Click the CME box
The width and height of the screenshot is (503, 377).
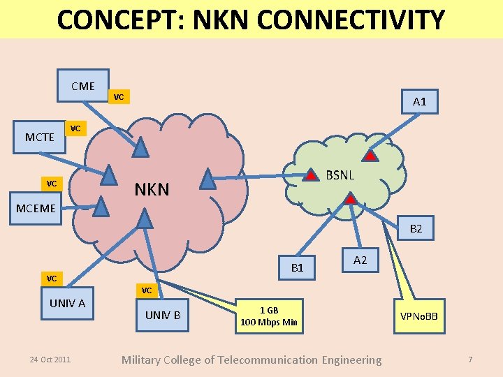(83, 87)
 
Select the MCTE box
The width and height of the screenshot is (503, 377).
(40, 137)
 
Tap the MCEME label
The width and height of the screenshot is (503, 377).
(36, 209)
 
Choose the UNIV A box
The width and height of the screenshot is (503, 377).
(67, 303)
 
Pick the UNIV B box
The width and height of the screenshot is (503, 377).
(163, 315)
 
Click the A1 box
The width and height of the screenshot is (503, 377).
(419, 102)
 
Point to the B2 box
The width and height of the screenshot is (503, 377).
(416, 228)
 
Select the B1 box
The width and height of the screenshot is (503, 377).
(297, 267)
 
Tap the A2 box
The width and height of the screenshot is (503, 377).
(360, 260)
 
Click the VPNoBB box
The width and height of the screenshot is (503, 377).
(419, 316)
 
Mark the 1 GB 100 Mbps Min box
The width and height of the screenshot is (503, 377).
(269, 316)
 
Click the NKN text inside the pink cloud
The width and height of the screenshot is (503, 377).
(152, 188)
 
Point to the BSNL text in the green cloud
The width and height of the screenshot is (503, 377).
(340, 175)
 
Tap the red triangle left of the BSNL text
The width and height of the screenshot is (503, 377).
(309, 175)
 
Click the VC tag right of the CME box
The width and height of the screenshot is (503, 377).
(119, 97)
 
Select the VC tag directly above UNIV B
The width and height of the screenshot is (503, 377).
(147, 290)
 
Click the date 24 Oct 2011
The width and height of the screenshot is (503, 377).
(50, 360)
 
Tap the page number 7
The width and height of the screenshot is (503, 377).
(470, 360)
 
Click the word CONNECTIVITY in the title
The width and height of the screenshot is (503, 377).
(342, 20)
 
